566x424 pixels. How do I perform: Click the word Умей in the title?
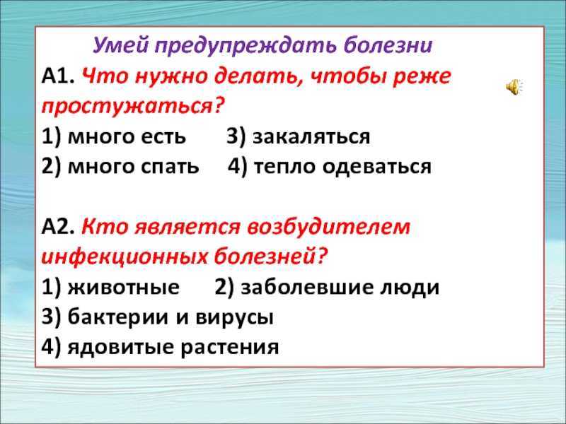(117, 47)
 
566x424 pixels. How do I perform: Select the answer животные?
(122, 288)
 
